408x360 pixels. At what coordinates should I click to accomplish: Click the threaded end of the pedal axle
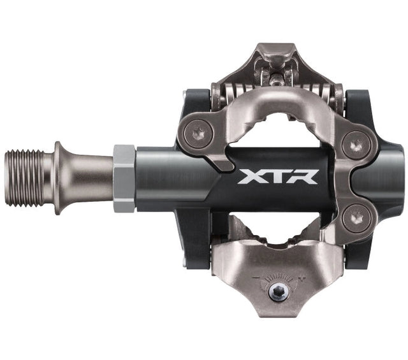[x=25, y=178]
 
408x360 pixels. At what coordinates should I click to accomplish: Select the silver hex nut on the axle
[x=124, y=178]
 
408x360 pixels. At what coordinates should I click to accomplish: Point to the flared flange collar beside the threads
[x=58, y=178]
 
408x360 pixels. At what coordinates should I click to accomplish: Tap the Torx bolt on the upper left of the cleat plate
[x=198, y=134]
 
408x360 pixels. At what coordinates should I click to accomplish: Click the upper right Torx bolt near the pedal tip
[x=356, y=145]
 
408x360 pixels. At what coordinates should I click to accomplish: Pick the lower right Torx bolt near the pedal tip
[x=356, y=218]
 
